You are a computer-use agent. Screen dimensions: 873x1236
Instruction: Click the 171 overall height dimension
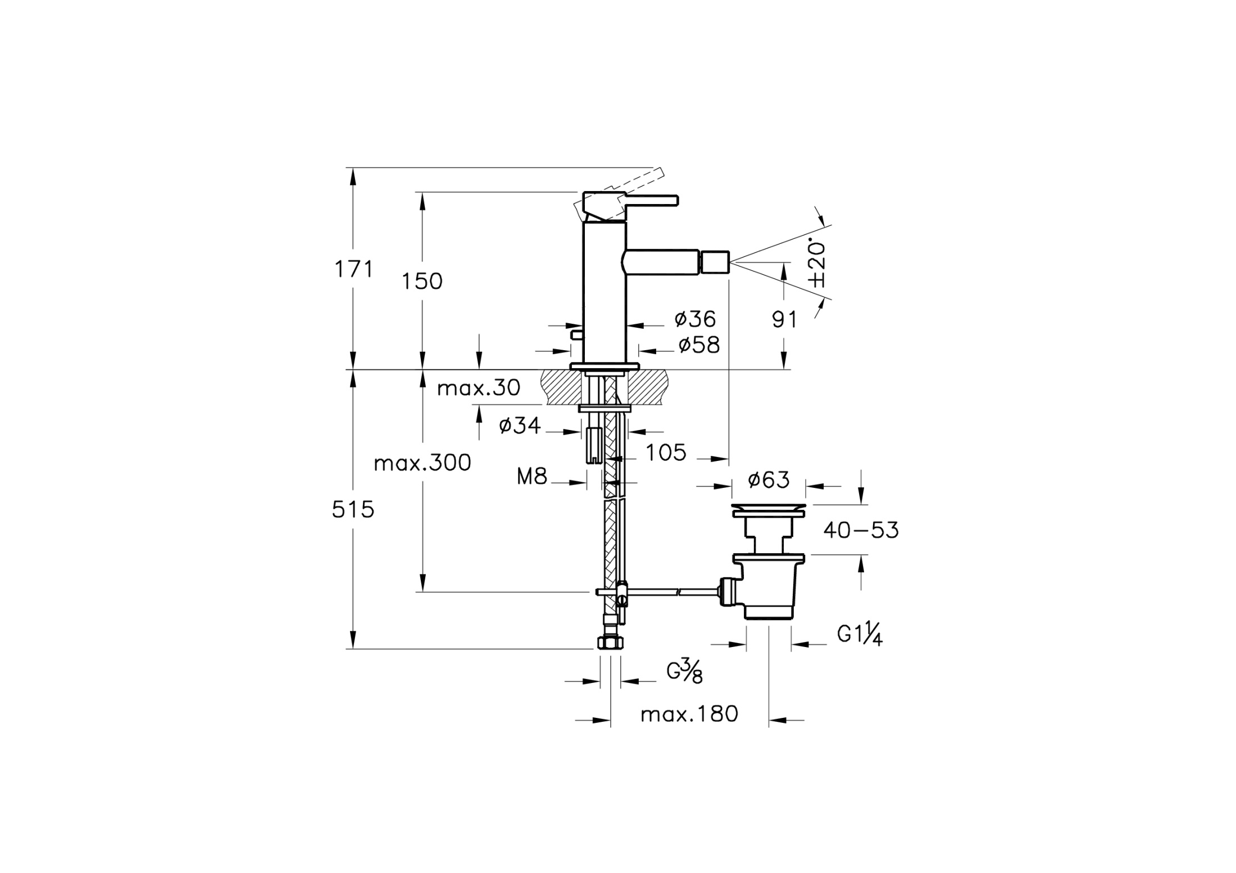(354, 270)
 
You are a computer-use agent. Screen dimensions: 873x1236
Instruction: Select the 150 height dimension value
(422, 281)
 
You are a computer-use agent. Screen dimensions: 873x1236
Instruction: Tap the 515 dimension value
(353, 510)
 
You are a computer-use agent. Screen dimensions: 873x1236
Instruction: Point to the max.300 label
(422, 463)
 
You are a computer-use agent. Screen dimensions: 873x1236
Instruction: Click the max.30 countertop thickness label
(479, 388)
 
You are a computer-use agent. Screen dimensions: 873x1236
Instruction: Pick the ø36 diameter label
(696, 319)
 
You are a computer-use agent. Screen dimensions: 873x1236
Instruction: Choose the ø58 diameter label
(699, 345)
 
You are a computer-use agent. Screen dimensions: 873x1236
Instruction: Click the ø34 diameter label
(520, 426)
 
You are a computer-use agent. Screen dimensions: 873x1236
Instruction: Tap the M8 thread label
(532, 477)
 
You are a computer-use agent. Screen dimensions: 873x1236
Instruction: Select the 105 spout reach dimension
(666, 453)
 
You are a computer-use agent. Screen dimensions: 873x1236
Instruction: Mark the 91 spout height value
(784, 320)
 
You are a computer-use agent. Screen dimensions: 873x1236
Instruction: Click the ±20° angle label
(818, 264)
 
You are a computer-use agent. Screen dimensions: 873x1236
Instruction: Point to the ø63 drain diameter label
(769, 480)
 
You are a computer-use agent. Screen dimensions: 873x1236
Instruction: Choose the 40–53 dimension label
(861, 530)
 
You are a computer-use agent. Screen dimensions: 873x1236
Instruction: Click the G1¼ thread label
(860, 635)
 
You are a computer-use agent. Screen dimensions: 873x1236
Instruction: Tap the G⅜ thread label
(684, 672)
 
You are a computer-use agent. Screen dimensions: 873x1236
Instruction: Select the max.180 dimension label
(689, 714)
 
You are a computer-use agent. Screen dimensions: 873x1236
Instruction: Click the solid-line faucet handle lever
(652, 200)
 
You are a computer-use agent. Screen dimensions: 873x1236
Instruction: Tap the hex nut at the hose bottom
(610, 643)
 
